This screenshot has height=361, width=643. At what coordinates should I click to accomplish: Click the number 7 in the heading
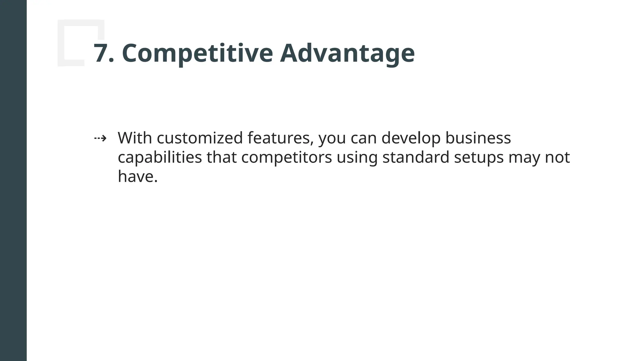click(100, 53)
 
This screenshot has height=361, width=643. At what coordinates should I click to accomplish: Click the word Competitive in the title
click(197, 53)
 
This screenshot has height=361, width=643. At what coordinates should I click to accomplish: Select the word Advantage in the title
click(347, 53)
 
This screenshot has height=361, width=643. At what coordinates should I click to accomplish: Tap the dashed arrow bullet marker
click(100, 138)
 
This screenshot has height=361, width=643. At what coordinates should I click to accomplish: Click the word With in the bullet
click(135, 138)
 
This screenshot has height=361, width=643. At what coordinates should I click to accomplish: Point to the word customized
click(200, 138)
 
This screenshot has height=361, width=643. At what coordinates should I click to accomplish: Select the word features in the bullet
click(280, 138)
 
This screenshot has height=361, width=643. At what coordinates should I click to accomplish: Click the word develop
click(411, 138)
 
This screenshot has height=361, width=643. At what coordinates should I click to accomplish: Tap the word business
click(478, 138)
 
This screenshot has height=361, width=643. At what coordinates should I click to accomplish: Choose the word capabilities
click(159, 157)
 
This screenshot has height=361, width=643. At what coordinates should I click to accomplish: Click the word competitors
click(286, 157)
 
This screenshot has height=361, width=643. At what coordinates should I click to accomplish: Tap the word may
click(524, 157)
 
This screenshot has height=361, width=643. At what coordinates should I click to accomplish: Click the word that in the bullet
click(221, 157)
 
